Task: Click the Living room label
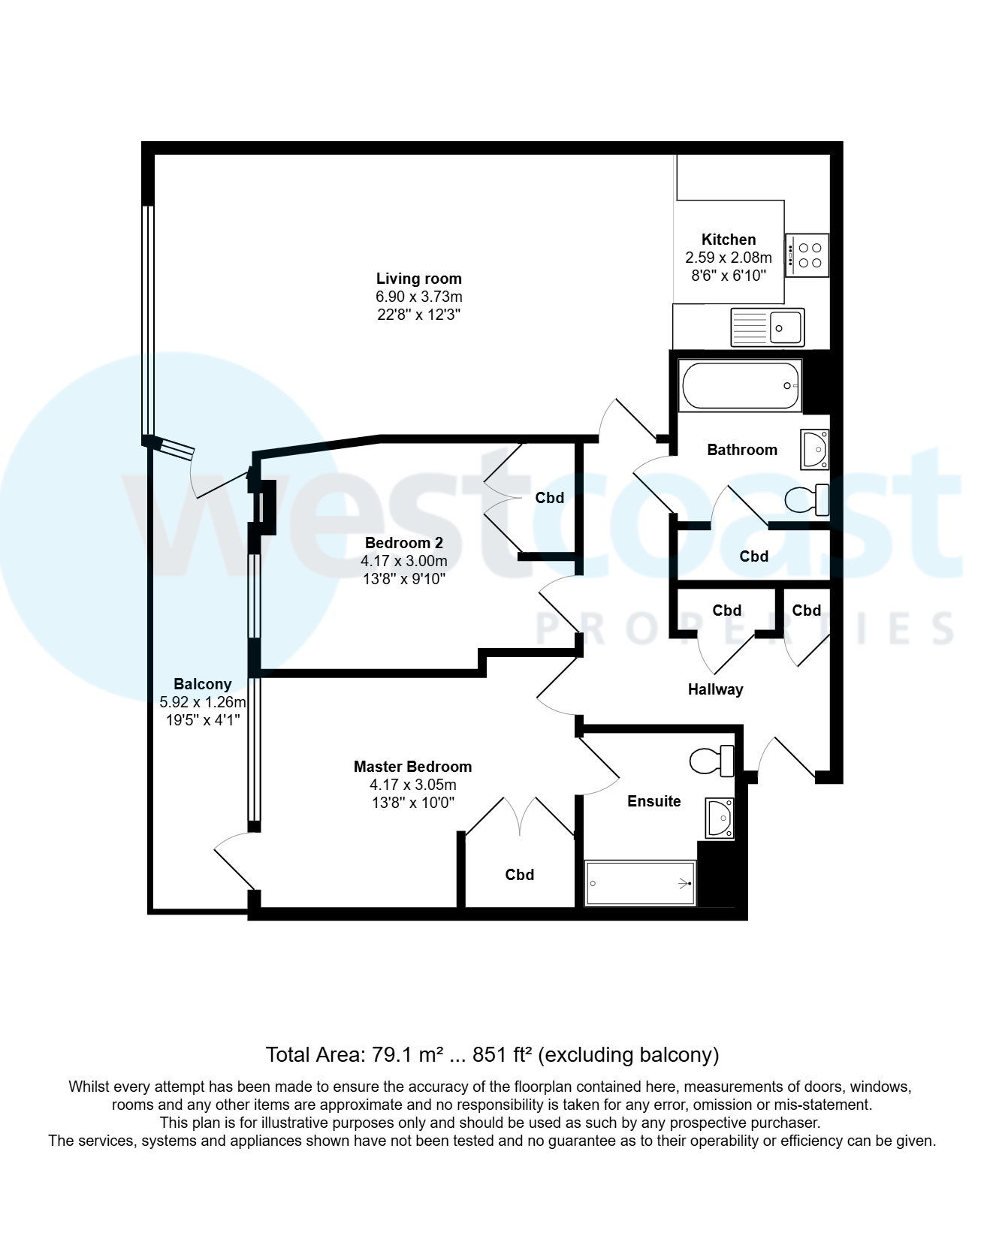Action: tap(418, 279)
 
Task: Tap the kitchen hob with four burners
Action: tap(807, 255)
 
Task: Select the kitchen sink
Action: tap(767, 327)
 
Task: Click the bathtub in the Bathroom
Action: tap(741, 386)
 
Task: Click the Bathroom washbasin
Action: tap(814, 449)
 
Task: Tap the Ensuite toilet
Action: tap(712, 761)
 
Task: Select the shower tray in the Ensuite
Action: tap(640, 883)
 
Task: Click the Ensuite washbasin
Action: tap(719, 818)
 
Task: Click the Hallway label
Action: tap(715, 689)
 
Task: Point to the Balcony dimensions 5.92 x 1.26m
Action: tap(202, 702)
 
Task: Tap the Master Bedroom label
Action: tap(412, 767)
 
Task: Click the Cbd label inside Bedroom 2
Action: tap(549, 498)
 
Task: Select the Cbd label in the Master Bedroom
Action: tap(519, 875)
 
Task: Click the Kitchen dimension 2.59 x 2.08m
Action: tap(728, 258)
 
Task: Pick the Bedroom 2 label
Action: tap(403, 543)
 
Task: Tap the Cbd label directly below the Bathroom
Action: tap(753, 556)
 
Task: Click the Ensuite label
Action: tap(653, 801)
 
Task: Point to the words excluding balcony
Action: tap(629, 1055)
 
